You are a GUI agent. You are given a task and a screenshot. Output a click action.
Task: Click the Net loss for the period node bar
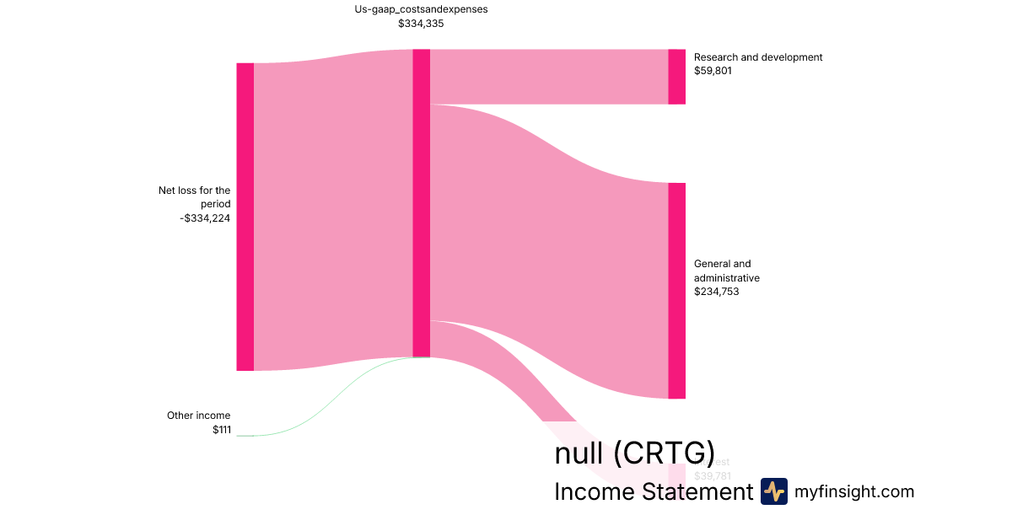(245, 217)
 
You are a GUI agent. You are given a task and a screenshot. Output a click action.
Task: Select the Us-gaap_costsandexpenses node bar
(421, 202)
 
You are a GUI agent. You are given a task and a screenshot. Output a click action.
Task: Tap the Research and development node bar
(676, 77)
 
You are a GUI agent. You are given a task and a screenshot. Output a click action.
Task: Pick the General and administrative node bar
(676, 291)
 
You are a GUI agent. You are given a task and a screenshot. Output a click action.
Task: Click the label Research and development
(757, 57)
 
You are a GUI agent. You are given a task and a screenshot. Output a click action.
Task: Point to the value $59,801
(713, 71)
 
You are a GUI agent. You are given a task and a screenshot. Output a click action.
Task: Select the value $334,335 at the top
(421, 24)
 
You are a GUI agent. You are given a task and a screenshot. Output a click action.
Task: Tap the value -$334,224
(205, 218)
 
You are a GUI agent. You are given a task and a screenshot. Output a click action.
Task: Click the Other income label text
(198, 416)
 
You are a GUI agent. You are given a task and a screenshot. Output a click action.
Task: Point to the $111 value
(221, 430)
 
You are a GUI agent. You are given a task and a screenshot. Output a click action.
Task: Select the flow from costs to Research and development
(548, 77)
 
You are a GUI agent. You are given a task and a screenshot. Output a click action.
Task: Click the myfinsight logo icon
(773, 491)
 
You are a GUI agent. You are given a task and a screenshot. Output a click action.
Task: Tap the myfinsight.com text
(854, 491)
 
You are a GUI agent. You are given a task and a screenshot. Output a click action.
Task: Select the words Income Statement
(653, 492)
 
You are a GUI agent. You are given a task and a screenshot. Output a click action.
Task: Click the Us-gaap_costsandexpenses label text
(421, 9)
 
